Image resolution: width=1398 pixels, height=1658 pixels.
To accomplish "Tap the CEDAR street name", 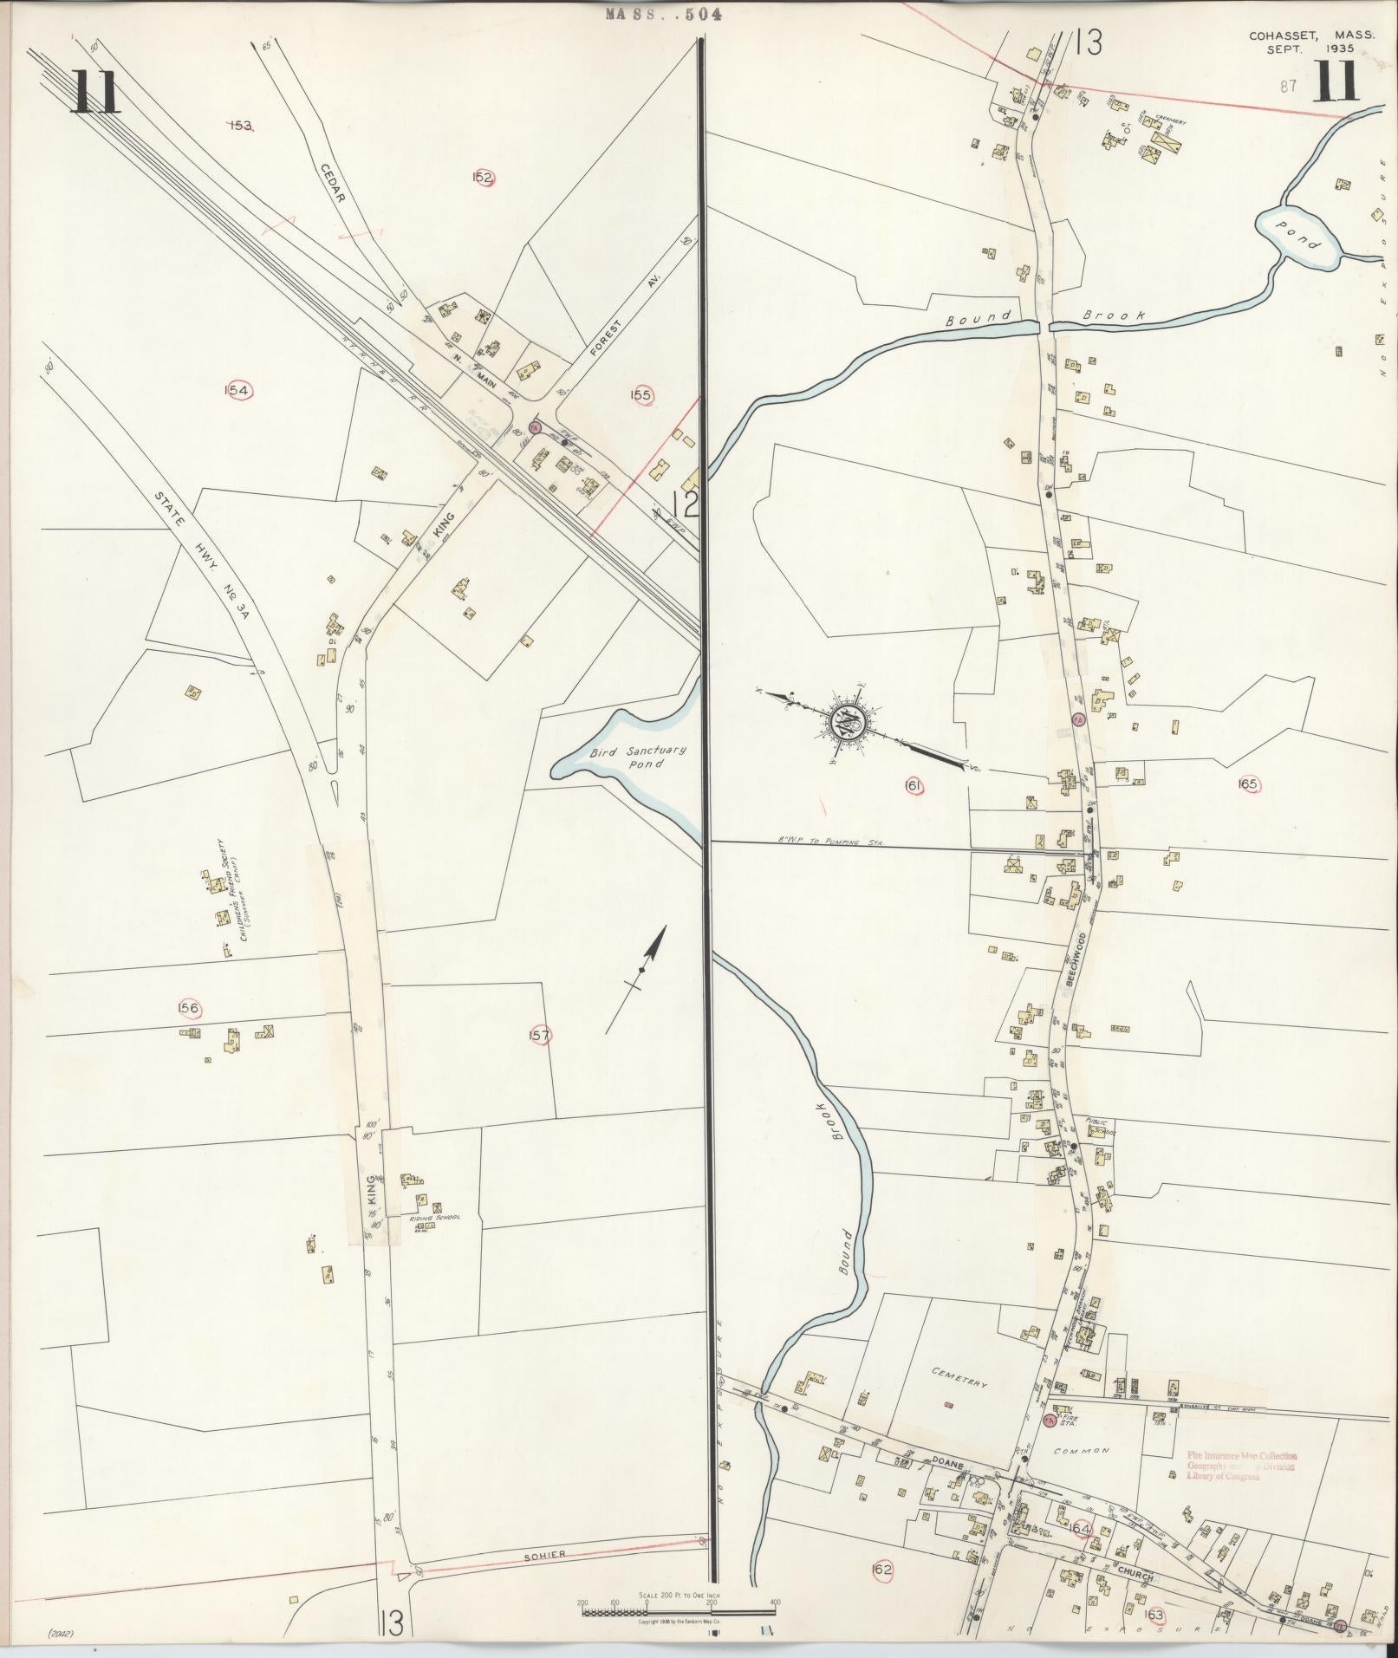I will [333, 185].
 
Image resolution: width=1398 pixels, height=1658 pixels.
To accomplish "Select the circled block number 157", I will [539, 1035].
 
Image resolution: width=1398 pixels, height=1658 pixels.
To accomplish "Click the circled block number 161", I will [912, 786].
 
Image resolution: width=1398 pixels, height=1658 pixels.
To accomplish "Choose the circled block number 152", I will [483, 178].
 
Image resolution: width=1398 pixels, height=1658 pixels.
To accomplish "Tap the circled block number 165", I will [1247, 784].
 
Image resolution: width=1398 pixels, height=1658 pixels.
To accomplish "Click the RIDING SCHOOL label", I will [435, 1218].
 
